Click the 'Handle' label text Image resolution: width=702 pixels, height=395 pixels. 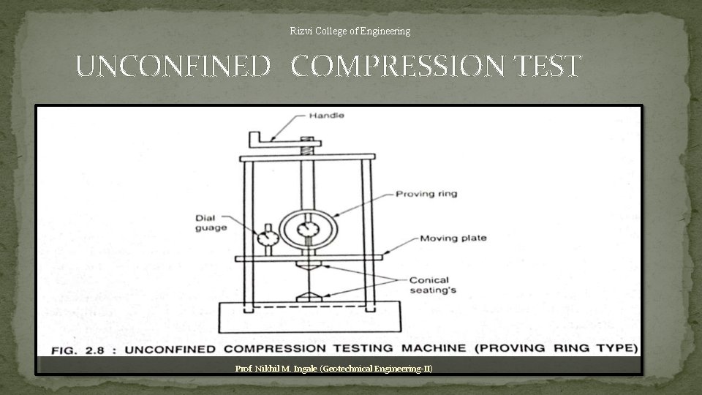point(326,116)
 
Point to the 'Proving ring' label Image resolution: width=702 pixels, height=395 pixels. point(426,194)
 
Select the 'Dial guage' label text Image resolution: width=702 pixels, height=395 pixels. point(211,222)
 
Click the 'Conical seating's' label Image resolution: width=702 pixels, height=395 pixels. point(429,285)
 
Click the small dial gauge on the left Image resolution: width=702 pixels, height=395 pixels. point(268,237)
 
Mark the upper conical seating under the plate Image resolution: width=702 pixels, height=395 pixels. point(308,267)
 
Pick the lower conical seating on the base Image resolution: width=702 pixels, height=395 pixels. point(308,298)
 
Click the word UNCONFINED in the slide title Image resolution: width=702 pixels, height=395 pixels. point(173,67)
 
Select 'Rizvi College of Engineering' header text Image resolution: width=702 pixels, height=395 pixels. point(350,31)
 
